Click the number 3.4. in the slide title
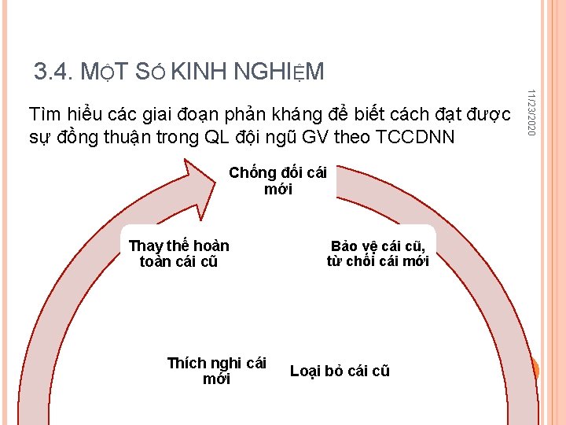[x=53, y=72]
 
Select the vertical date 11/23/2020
[x=532, y=110]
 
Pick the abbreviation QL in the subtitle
[x=217, y=136]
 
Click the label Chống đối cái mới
[x=277, y=180]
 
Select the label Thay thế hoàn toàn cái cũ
[x=178, y=253]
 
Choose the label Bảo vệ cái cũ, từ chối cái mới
[x=377, y=253]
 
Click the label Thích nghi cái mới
[x=216, y=371]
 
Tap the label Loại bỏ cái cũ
[x=340, y=371]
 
